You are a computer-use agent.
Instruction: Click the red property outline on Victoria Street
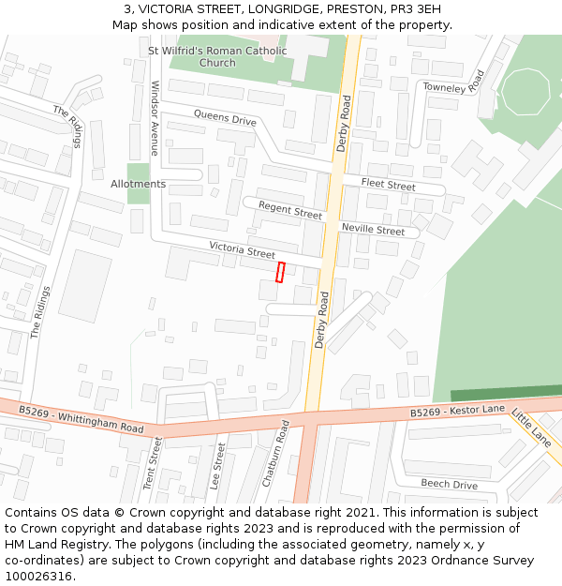(279, 272)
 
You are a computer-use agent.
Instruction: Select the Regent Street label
(289, 210)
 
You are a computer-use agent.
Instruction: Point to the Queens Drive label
(225, 118)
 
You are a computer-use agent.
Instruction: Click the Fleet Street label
(388, 185)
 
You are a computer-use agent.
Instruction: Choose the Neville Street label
(373, 230)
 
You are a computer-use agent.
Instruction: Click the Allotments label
(138, 184)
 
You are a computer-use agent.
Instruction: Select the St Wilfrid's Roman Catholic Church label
(217, 56)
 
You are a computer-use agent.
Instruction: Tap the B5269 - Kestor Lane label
(457, 411)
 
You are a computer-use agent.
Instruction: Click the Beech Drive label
(449, 485)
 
